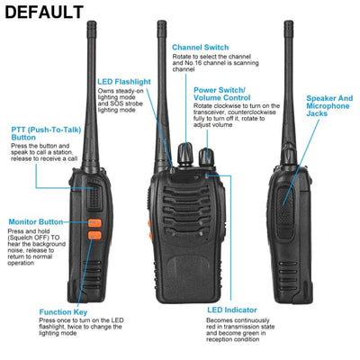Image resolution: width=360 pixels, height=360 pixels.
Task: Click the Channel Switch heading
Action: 200,47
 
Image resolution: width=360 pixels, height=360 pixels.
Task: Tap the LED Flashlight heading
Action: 123,82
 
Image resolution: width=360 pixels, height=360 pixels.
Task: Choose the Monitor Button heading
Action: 36,220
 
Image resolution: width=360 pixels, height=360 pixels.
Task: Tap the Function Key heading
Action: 62,312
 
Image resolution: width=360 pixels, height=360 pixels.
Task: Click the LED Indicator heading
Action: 232,309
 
